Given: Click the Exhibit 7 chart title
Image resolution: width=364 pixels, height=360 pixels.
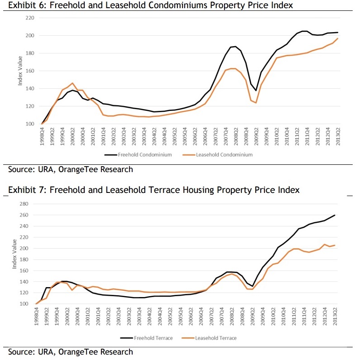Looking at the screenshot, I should pyautogui.click(x=153, y=190).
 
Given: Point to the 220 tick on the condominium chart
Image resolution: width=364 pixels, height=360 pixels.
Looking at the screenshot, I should pyautogui.click(x=29, y=18).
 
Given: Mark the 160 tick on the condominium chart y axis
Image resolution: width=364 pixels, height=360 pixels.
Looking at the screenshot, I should pyautogui.click(x=29, y=71).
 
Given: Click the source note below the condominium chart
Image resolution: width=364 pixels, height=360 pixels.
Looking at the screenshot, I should pyautogui.click(x=71, y=169).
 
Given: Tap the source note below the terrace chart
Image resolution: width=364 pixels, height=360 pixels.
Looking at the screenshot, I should pyautogui.click(x=71, y=351).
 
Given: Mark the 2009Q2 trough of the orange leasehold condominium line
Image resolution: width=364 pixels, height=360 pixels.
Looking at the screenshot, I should pyautogui.click(x=256, y=103).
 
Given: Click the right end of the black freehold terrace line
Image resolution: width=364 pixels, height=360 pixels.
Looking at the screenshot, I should pyautogui.click(x=335, y=215).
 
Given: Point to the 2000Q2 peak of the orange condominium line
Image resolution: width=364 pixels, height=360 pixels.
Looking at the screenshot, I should pyautogui.click(x=72, y=83).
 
